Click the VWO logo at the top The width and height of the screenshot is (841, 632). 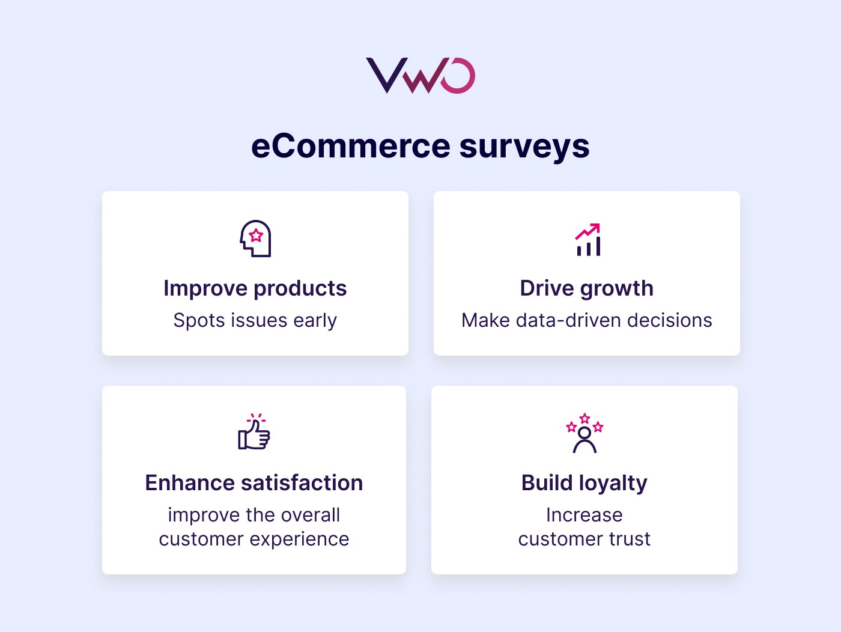point(421,76)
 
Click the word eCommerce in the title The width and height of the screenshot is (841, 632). point(350,146)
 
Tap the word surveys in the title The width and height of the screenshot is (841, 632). point(524,147)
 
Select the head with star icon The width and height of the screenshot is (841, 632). point(256,239)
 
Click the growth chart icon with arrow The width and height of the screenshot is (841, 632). point(588,240)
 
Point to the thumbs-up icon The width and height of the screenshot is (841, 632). point(254,432)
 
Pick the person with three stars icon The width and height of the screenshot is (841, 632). point(584,433)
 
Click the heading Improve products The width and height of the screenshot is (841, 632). point(255,288)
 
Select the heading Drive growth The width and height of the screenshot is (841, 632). point(586,288)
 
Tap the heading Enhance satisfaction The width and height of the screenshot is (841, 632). point(254,483)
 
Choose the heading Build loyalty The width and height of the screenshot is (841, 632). point(584,483)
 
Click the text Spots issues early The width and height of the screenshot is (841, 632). point(255,320)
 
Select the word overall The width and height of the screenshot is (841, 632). point(311,515)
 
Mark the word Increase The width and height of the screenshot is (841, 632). point(584,515)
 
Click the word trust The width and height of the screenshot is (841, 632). point(630,539)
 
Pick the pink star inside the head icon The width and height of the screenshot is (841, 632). point(257,235)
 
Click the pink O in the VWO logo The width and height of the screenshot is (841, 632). point(458,76)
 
